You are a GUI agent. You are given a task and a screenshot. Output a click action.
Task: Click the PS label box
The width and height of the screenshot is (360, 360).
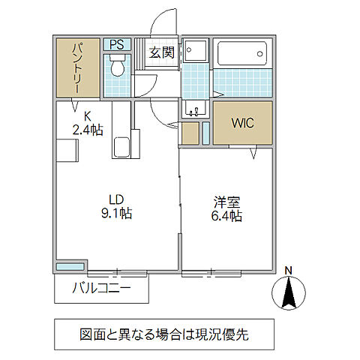coord(116,45)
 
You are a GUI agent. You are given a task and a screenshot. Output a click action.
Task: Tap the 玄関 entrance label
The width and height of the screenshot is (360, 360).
coord(161,52)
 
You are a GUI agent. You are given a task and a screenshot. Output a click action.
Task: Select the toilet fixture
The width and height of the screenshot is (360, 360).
coord(117,70)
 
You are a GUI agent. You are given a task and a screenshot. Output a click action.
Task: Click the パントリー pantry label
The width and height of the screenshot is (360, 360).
coord(76,68)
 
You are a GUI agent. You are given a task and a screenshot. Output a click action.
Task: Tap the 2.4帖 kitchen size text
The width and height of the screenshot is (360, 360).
coord(88,129)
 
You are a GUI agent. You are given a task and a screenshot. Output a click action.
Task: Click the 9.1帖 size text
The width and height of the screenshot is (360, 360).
coord(116,214)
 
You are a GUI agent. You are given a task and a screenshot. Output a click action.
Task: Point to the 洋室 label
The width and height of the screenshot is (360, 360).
coord(226,202)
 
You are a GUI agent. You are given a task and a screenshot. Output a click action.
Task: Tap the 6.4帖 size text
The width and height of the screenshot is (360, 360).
coord(226,216)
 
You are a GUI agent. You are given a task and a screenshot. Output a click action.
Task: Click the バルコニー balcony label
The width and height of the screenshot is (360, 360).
coord(101,288)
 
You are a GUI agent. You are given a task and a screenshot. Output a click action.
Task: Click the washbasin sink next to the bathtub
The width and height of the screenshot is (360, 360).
coord(194,52)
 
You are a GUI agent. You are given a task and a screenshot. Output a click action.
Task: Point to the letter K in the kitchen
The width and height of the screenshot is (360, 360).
coord(87,116)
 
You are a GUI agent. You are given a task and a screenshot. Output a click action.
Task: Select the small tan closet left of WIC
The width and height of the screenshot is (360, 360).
coord(190,133)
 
